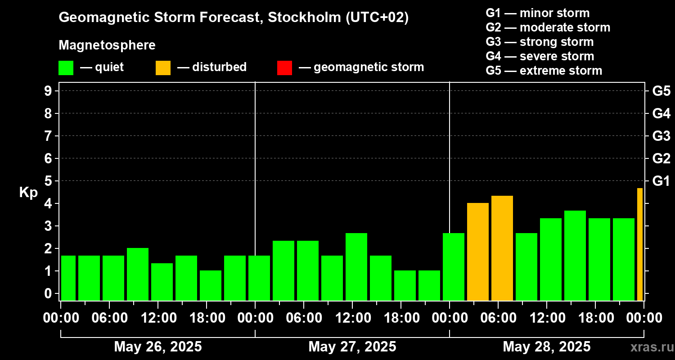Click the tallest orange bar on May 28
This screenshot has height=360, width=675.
click(502, 248)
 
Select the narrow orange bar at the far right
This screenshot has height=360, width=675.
click(640, 244)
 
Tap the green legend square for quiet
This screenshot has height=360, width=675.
click(66, 68)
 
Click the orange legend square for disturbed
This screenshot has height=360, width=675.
click(163, 68)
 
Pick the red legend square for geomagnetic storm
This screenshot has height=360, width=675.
click(284, 68)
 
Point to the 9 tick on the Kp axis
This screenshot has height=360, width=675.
click(48, 91)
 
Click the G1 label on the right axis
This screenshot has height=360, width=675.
click(661, 181)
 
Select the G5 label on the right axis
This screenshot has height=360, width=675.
click(661, 91)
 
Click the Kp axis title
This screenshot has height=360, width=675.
click(28, 193)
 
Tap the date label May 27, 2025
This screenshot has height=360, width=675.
click(352, 346)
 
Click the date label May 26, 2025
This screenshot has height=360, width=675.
click(158, 346)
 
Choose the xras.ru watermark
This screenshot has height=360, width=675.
click(652, 347)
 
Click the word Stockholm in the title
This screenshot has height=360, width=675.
click(304, 17)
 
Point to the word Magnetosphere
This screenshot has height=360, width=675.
click(107, 45)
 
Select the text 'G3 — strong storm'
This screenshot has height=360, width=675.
click(540, 42)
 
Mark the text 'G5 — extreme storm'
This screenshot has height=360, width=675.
click(544, 71)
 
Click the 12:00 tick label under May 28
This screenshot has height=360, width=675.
click(547, 318)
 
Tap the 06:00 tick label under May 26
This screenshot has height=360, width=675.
click(109, 318)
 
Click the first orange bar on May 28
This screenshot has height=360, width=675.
click(478, 252)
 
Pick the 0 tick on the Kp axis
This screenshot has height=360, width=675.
click(48, 293)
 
